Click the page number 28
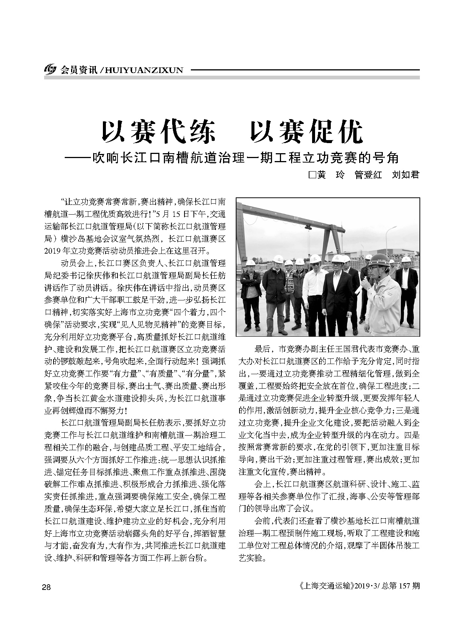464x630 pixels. coord(46,587)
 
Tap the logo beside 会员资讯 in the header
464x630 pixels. coord(50,70)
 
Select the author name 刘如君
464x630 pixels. coord(405,175)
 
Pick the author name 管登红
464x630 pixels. coord(368,175)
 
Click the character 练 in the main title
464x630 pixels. coord(200,132)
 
